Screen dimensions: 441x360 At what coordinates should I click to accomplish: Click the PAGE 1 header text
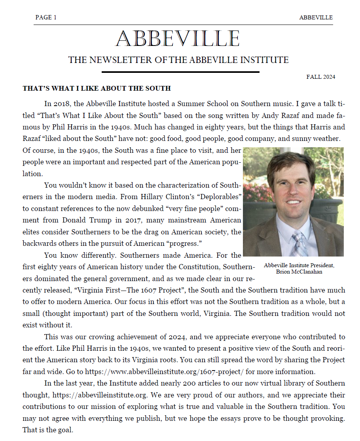(x=46, y=17)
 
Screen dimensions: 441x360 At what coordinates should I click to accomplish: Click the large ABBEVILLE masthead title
(x=178, y=39)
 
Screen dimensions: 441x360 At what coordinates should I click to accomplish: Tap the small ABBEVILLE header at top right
(x=316, y=17)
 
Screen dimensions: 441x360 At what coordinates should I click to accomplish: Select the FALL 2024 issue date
(x=320, y=77)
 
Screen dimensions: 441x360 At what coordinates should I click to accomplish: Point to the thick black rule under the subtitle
(x=180, y=72)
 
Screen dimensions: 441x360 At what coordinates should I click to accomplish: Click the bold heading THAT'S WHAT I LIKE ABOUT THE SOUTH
(x=97, y=88)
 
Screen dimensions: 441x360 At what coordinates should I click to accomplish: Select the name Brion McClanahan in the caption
(x=299, y=272)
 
